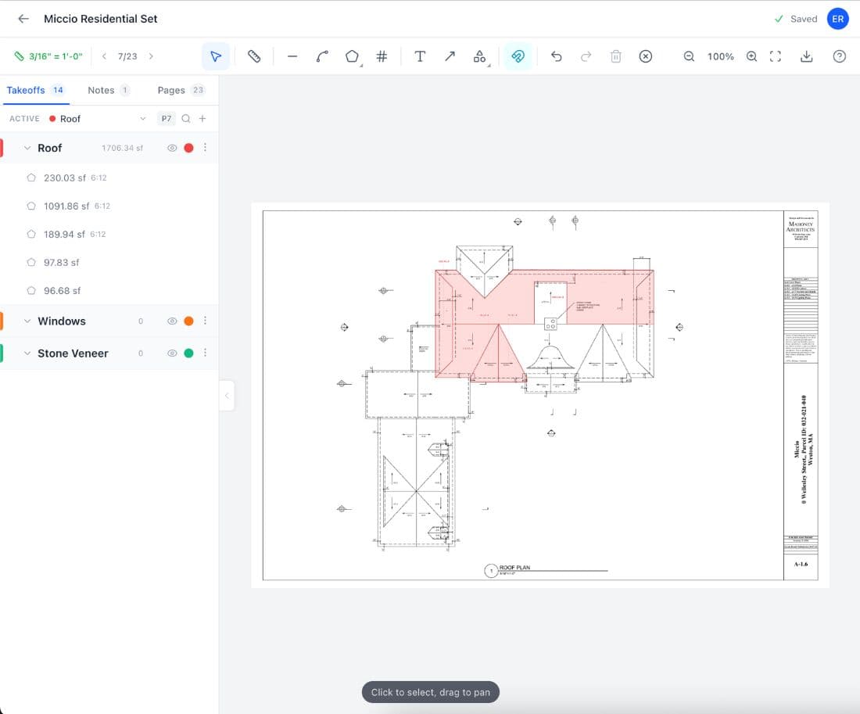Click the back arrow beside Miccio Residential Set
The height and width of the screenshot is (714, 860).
tap(23, 19)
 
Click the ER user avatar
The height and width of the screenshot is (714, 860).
tap(838, 19)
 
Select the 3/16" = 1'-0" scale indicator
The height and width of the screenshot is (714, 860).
tap(48, 56)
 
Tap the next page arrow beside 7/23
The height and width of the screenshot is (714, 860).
tap(151, 56)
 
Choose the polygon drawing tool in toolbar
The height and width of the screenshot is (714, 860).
tap(352, 56)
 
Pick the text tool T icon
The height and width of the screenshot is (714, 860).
tap(420, 56)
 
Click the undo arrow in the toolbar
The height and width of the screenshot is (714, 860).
tap(556, 56)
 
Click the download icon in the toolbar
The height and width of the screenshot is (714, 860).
tap(807, 56)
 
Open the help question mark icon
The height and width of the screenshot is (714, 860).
tap(839, 56)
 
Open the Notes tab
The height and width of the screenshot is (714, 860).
tap(101, 90)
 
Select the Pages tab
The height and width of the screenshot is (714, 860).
tap(171, 90)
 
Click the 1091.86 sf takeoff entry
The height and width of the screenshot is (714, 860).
tap(66, 206)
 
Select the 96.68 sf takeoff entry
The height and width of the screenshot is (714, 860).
tap(62, 290)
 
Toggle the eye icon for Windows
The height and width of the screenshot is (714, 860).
tap(172, 321)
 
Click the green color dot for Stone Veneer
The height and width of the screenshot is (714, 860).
tap(188, 353)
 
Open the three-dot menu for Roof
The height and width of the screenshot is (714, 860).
tap(206, 148)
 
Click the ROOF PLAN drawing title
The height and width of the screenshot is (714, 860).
tap(514, 568)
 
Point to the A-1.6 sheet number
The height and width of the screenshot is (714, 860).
tap(801, 563)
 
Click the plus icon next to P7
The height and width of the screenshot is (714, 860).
tap(202, 119)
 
